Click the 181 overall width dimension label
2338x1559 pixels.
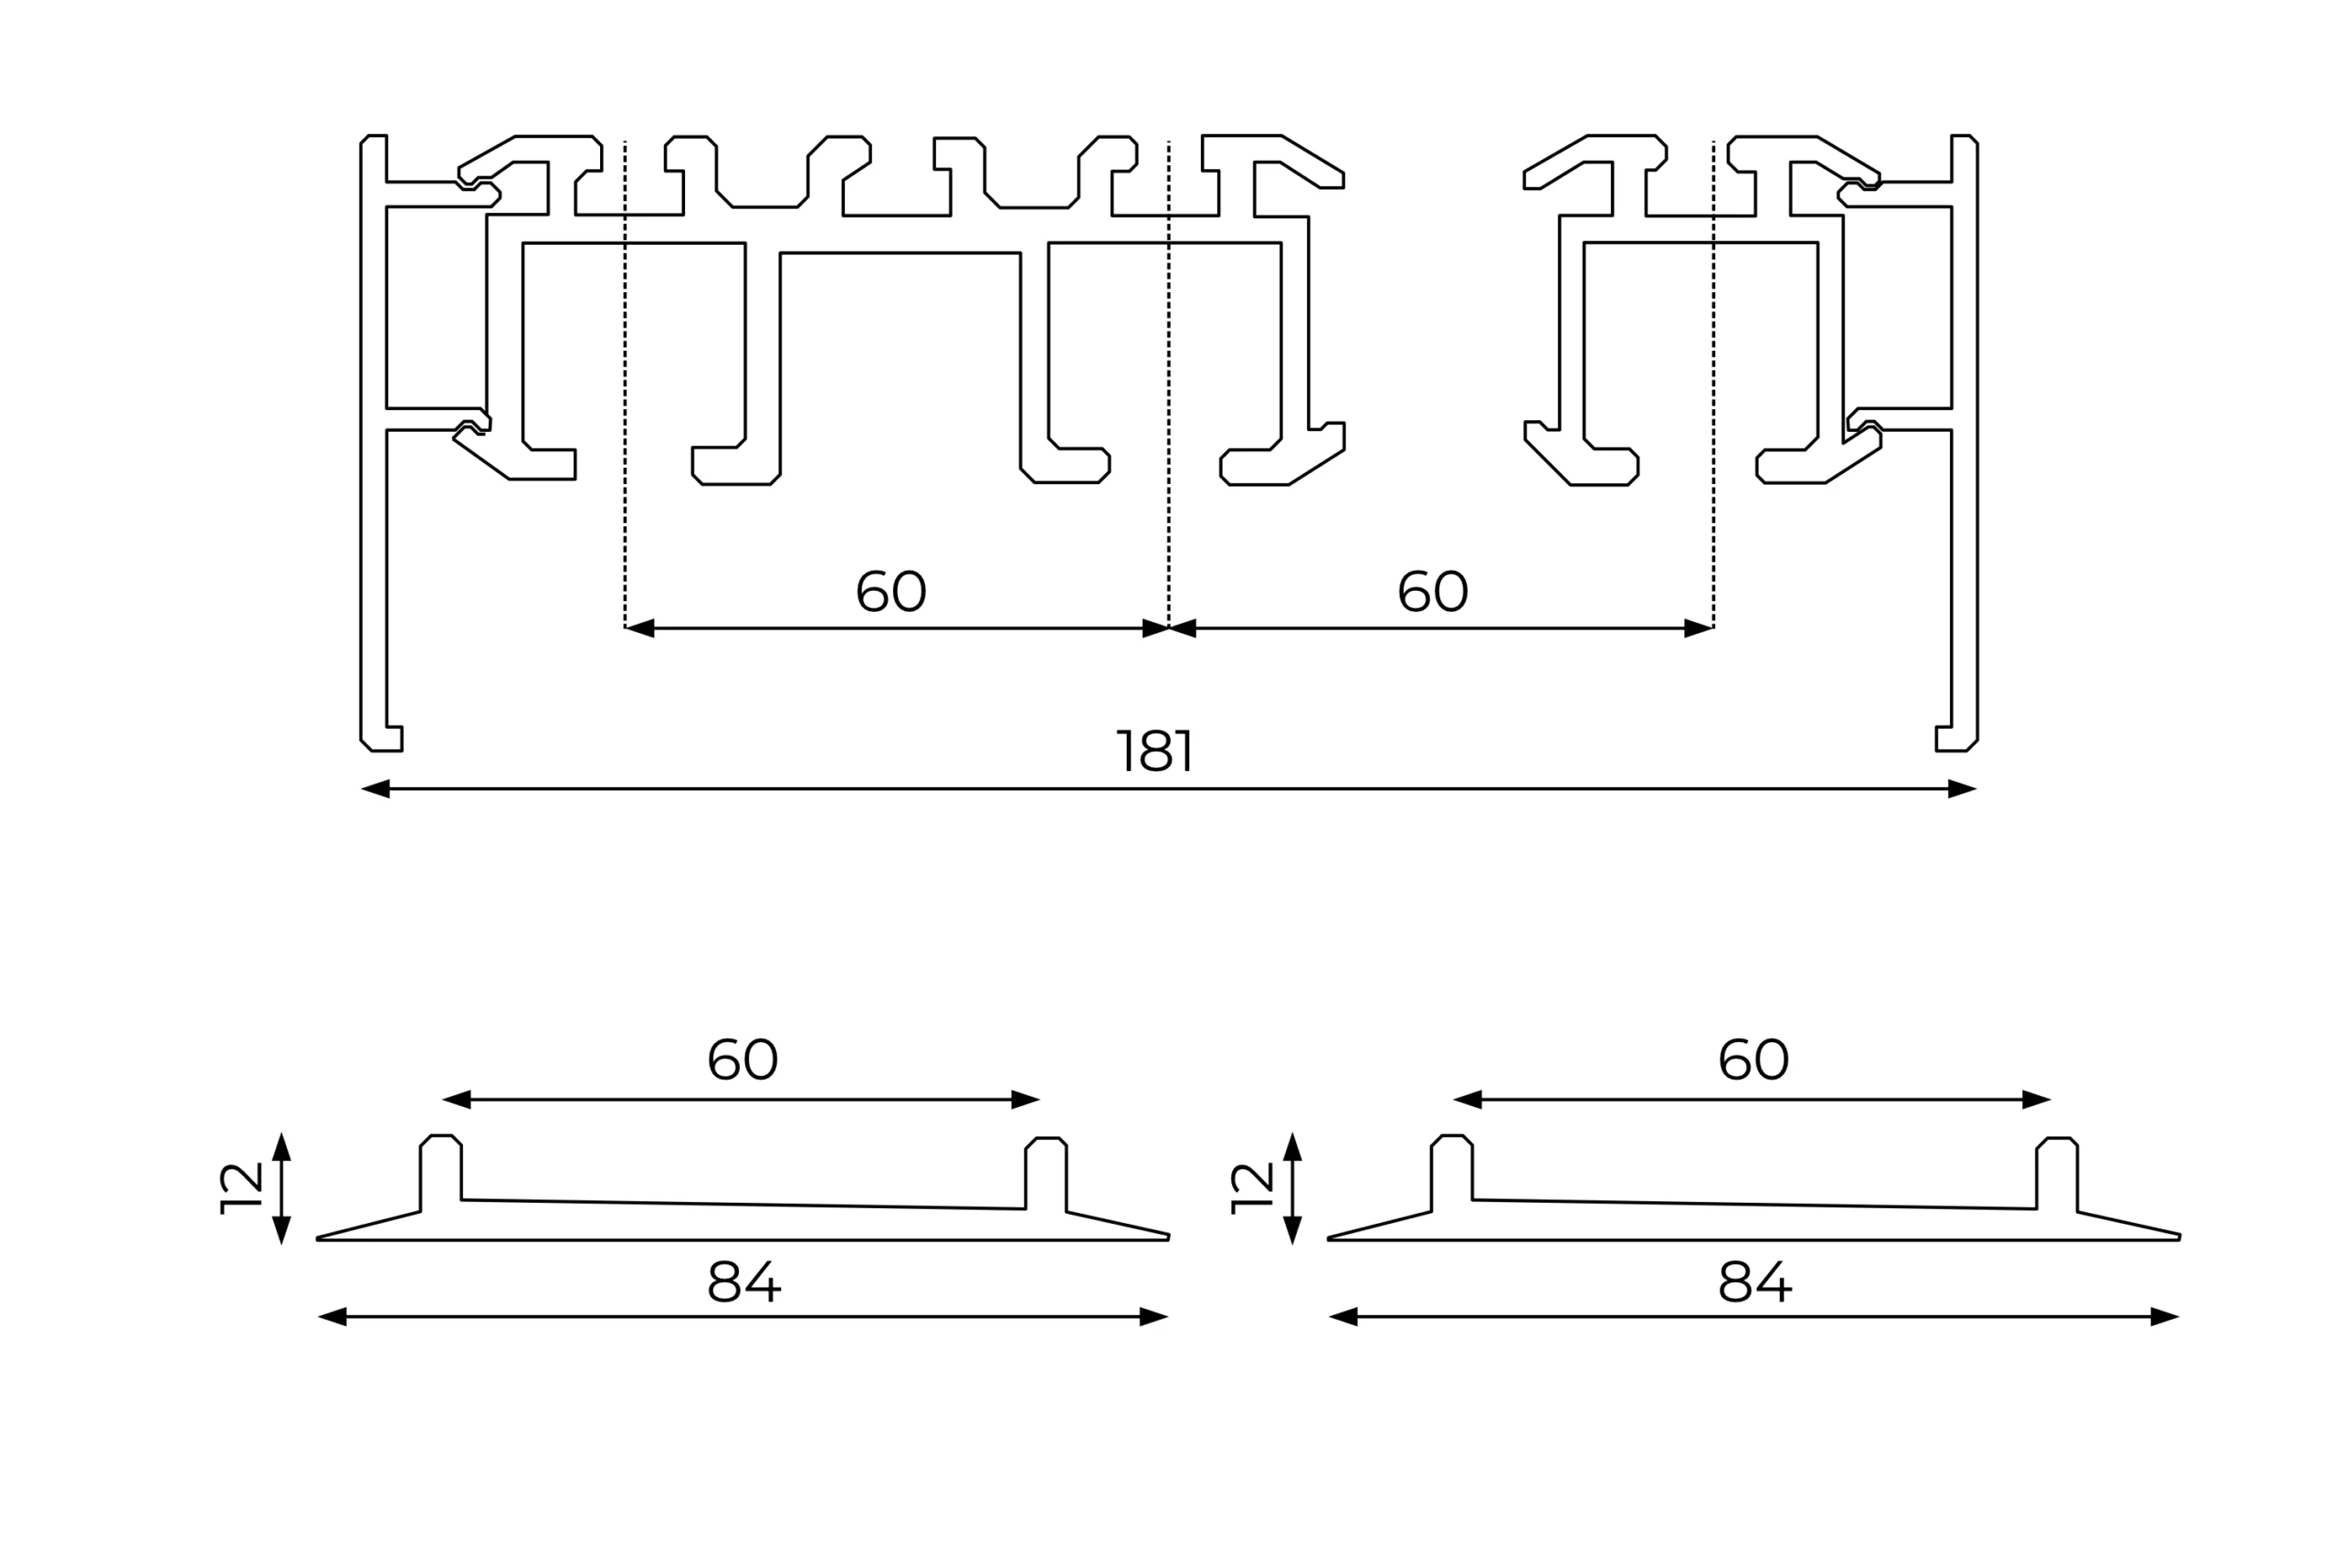click(x=1154, y=752)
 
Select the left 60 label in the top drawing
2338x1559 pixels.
click(x=890, y=592)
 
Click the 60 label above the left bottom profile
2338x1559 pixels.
click(x=742, y=1059)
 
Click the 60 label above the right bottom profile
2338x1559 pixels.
click(x=1753, y=1059)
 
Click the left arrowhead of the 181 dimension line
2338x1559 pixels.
click(x=375, y=789)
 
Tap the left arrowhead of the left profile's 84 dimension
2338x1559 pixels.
click(x=332, y=1317)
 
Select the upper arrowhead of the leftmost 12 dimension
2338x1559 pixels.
click(x=281, y=1146)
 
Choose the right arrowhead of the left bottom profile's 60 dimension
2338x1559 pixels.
click(x=1025, y=1100)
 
